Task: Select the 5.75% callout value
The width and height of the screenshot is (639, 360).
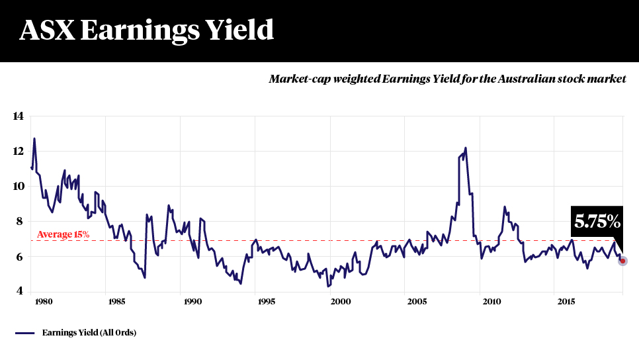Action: pos(597,222)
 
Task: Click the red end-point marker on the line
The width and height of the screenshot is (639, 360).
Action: pos(622,261)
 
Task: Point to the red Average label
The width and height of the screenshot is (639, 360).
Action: pos(63,234)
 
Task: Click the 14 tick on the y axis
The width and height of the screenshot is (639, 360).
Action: pos(19,116)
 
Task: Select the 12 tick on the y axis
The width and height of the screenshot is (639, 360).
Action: pos(19,152)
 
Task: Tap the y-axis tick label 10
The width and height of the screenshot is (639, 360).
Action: pos(19,187)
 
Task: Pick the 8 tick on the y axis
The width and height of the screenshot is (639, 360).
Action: pos(19,222)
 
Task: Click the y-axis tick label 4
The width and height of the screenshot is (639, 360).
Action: pos(19,291)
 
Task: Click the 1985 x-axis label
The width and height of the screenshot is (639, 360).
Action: pos(116,302)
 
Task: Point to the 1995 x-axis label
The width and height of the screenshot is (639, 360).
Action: pos(266,302)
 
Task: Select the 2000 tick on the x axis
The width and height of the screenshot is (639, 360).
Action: pos(341,302)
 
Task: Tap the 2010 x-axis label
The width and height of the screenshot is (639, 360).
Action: pos(491,302)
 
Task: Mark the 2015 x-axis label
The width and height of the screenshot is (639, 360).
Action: pos(566,302)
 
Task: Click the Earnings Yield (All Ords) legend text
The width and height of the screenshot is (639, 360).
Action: pos(89,333)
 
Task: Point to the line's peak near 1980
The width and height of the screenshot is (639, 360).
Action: pos(34,139)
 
